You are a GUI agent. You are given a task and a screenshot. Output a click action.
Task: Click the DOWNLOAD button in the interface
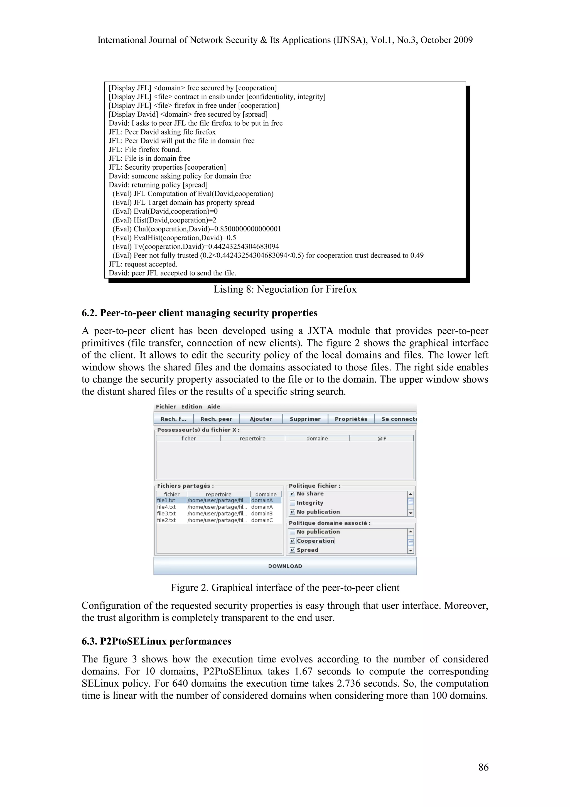(285, 566)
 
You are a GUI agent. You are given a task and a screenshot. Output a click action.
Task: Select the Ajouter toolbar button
(261, 419)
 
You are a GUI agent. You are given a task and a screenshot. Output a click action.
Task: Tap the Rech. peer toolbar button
(216, 419)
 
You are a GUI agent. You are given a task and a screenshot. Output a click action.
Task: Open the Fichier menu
(166, 407)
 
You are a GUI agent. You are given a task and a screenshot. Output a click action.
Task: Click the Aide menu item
(213, 407)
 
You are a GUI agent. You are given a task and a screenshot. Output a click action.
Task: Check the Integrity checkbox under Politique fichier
(293, 503)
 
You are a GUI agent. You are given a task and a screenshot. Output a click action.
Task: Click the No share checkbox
(293, 494)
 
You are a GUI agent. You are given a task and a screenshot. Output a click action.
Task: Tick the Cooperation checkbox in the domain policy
(293, 541)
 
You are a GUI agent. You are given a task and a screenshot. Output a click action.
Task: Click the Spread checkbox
(293, 550)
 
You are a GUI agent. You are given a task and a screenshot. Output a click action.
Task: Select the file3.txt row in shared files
(166, 513)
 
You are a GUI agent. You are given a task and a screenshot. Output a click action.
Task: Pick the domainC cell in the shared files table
(262, 520)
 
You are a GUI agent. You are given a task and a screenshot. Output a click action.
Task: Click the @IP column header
(382, 438)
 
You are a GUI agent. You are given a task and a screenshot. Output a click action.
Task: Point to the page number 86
(483, 767)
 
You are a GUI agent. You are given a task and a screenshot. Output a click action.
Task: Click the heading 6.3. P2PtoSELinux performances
(156, 641)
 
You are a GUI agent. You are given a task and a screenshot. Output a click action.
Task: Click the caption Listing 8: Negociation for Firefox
(285, 289)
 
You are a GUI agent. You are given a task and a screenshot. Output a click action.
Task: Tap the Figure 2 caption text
(285, 588)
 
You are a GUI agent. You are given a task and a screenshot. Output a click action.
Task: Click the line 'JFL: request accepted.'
(143, 264)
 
